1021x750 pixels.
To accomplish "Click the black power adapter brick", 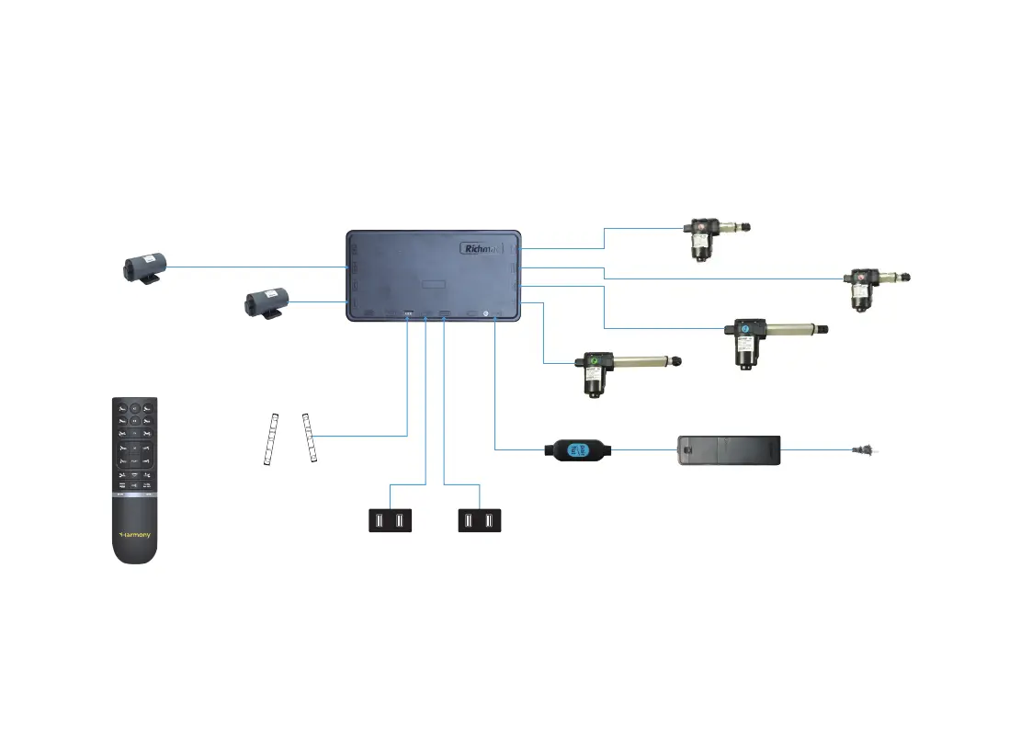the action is (729, 450).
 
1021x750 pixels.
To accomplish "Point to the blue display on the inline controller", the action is (577, 449).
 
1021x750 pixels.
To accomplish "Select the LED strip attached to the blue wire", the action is (312, 438).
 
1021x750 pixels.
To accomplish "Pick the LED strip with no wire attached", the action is (270, 441).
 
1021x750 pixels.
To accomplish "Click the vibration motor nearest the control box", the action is (267, 301).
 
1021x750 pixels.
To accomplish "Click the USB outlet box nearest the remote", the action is (390, 521).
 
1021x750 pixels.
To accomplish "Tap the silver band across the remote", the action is (134, 494).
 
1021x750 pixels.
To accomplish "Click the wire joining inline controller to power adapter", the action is (643, 449).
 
